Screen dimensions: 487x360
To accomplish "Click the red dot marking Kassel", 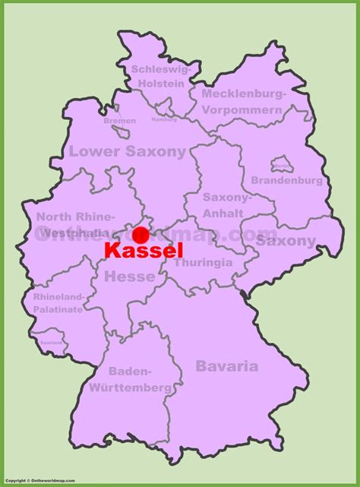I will pos(140,235).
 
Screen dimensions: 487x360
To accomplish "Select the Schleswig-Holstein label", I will pos(159,76).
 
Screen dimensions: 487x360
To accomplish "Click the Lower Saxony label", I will pos(127,151).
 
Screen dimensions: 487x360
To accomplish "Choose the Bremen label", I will pos(120,121).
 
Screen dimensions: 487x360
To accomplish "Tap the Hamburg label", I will pos(163,119).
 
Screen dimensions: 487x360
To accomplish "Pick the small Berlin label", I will pos(281,165).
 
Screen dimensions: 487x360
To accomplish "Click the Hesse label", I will pos(129,277).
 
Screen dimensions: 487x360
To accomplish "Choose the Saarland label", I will pos(52,342).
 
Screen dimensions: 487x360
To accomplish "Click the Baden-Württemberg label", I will pos(140,380).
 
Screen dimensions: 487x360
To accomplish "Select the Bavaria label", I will pos(226,366).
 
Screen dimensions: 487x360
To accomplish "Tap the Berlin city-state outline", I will pos(281,164).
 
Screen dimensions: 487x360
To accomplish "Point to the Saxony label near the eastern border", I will pos(286,241).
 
